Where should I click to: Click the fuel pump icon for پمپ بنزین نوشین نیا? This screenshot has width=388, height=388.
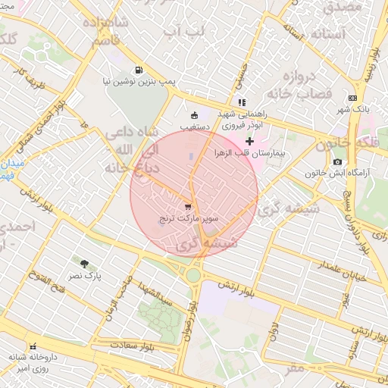click(139, 69)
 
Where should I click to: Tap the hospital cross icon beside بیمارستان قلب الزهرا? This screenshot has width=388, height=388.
click(249, 142)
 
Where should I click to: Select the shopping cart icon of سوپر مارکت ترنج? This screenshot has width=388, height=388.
click(188, 206)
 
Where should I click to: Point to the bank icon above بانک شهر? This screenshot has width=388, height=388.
click(352, 98)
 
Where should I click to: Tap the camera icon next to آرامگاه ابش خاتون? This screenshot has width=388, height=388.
click(337, 161)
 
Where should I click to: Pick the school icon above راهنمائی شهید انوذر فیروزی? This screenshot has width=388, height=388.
click(241, 102)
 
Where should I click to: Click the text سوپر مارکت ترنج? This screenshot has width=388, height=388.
click(188, 219)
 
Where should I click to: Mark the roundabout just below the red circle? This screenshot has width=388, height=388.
click(193, 274)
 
